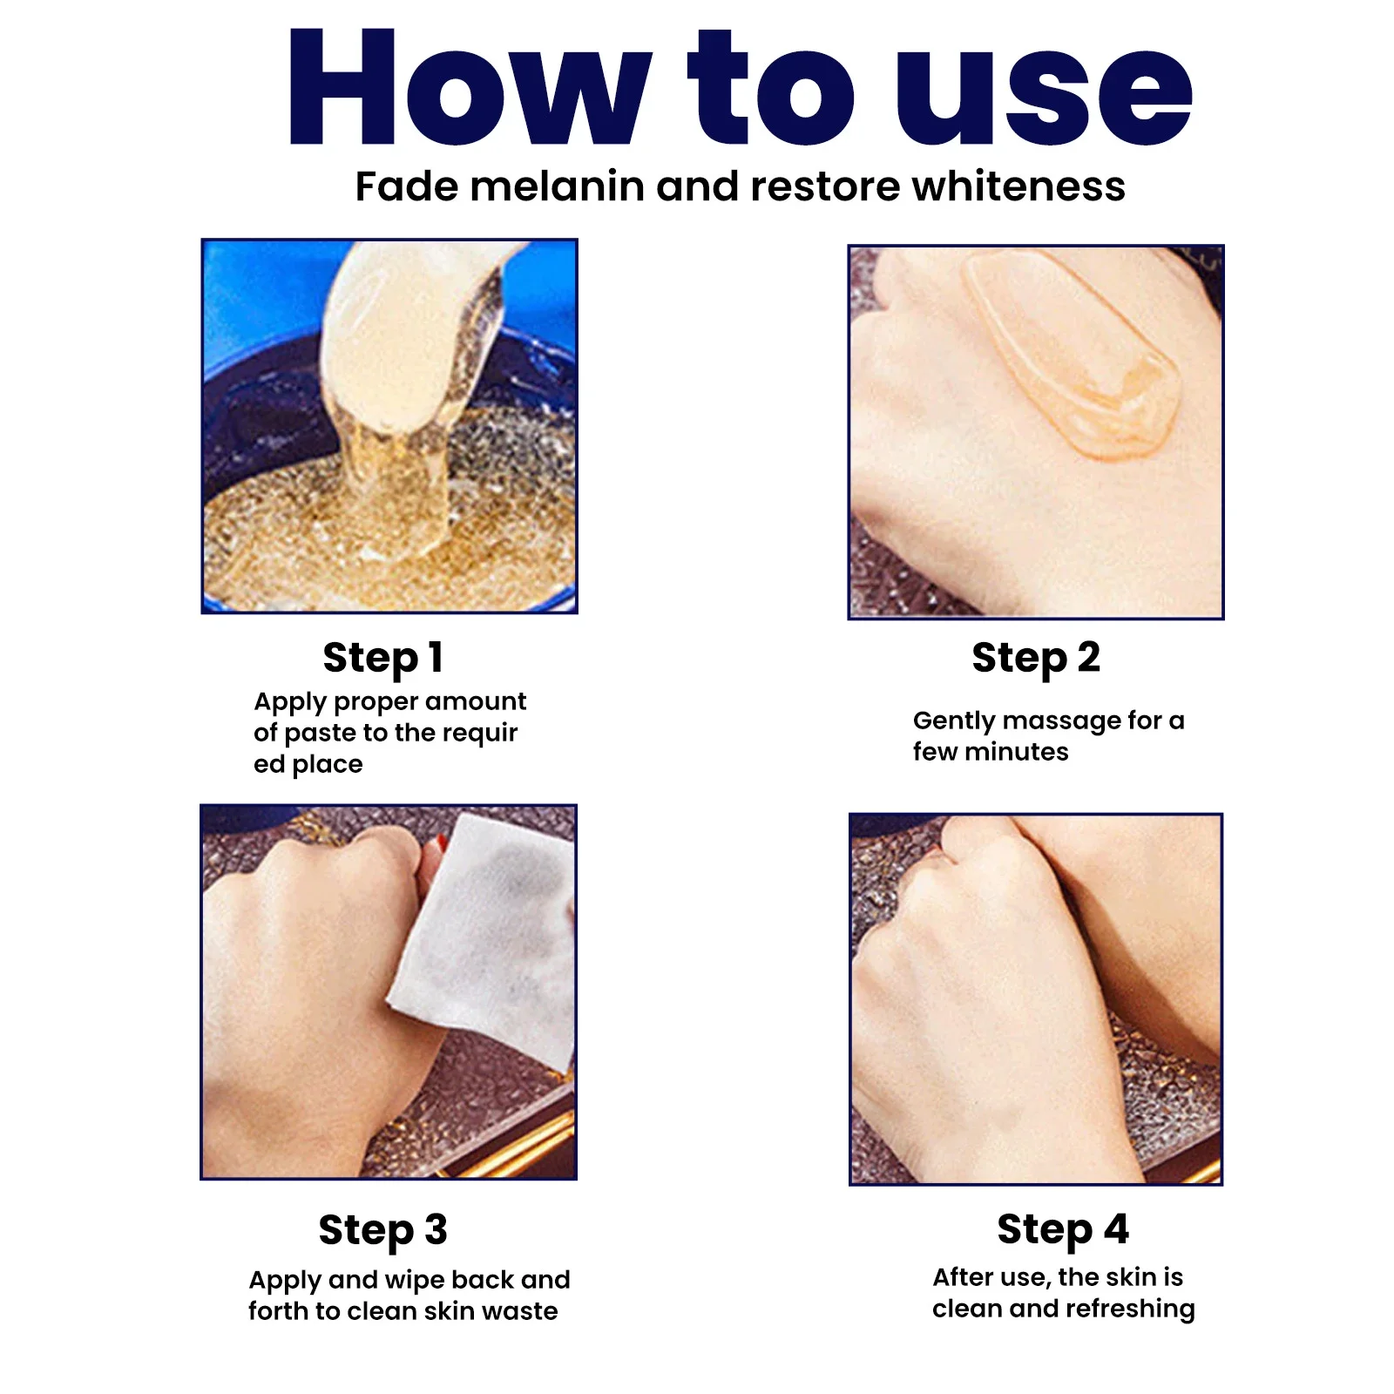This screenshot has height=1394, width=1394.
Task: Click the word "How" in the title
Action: click(470, 87)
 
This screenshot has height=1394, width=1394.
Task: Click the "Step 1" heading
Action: click(383, 659)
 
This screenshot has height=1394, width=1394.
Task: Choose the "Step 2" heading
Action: click(1036, 659)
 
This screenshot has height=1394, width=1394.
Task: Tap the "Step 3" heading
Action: click(383, 1231)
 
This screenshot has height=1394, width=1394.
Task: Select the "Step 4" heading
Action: click(1063, 1230)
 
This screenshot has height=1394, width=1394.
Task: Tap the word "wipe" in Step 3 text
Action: click(414, 1280)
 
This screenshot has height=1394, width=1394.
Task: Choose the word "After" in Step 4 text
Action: click(964, 1277)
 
